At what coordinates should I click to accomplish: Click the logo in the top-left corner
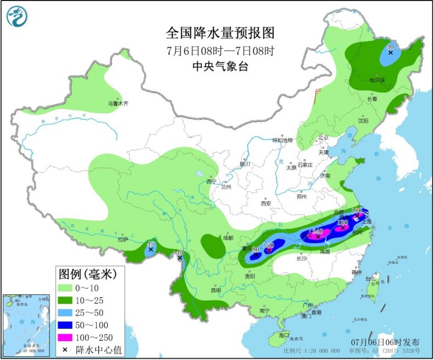[17, 16]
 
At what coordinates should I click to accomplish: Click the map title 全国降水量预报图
[220, 33]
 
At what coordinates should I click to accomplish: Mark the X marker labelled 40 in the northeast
[391, 54]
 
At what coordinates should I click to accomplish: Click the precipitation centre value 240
[317, 232]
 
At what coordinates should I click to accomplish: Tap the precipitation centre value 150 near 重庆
[269, 245]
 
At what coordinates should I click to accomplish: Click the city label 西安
[266, 203]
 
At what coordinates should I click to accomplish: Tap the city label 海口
[283, 335]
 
